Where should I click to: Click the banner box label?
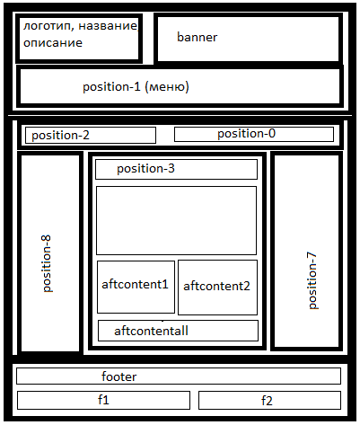click(197, 37)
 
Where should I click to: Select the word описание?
click(53, 43)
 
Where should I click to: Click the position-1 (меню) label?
click(136, 87)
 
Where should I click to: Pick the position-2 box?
click(91, 135)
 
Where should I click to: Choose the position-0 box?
click(254, 134)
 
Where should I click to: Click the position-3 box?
click(176, 169)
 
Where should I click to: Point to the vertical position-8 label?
click(47, 263)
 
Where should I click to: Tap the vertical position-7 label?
click(312, 280)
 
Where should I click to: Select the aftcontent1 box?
click(136, 287)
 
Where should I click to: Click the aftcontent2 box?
click(217, 288)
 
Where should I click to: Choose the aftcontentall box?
click(178, 331)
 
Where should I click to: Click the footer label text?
click(119, 376)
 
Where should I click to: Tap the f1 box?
click(103, 400)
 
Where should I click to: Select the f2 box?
click(269, 400)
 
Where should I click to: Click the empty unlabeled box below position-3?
click(176, 220)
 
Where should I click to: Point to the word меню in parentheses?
click(165, 87)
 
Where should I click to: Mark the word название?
click(108, 26)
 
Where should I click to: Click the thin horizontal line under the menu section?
click(180, 115)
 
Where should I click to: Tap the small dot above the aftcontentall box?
click(162, 321)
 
